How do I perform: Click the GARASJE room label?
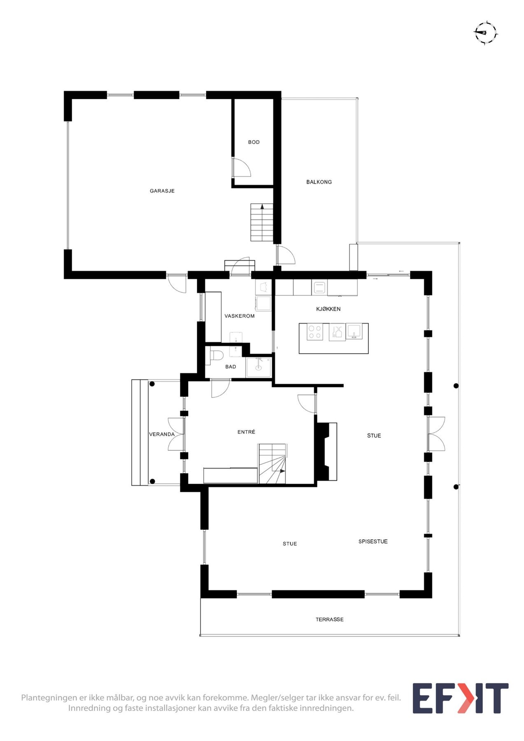coord(162,191)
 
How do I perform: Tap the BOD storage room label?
coord(254,142)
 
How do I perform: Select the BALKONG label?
coord(319,182)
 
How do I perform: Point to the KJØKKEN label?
coord(328,309)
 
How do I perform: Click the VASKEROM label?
coord(239,316)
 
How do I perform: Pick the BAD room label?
coord(231,367)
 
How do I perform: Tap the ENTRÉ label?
coord(246,432)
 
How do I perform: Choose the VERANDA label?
coord(162,434)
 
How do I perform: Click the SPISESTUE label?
coord(373,542)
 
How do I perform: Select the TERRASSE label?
coord(329,620)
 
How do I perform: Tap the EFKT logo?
coord(460,699)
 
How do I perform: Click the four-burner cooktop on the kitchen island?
coord(315,332)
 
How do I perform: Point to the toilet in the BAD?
coord(216,354)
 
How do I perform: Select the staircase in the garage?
coord(262,222)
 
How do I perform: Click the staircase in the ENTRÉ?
coord(272,464)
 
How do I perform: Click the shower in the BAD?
coord(259,367)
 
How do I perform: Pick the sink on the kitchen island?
coord(354,331)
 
